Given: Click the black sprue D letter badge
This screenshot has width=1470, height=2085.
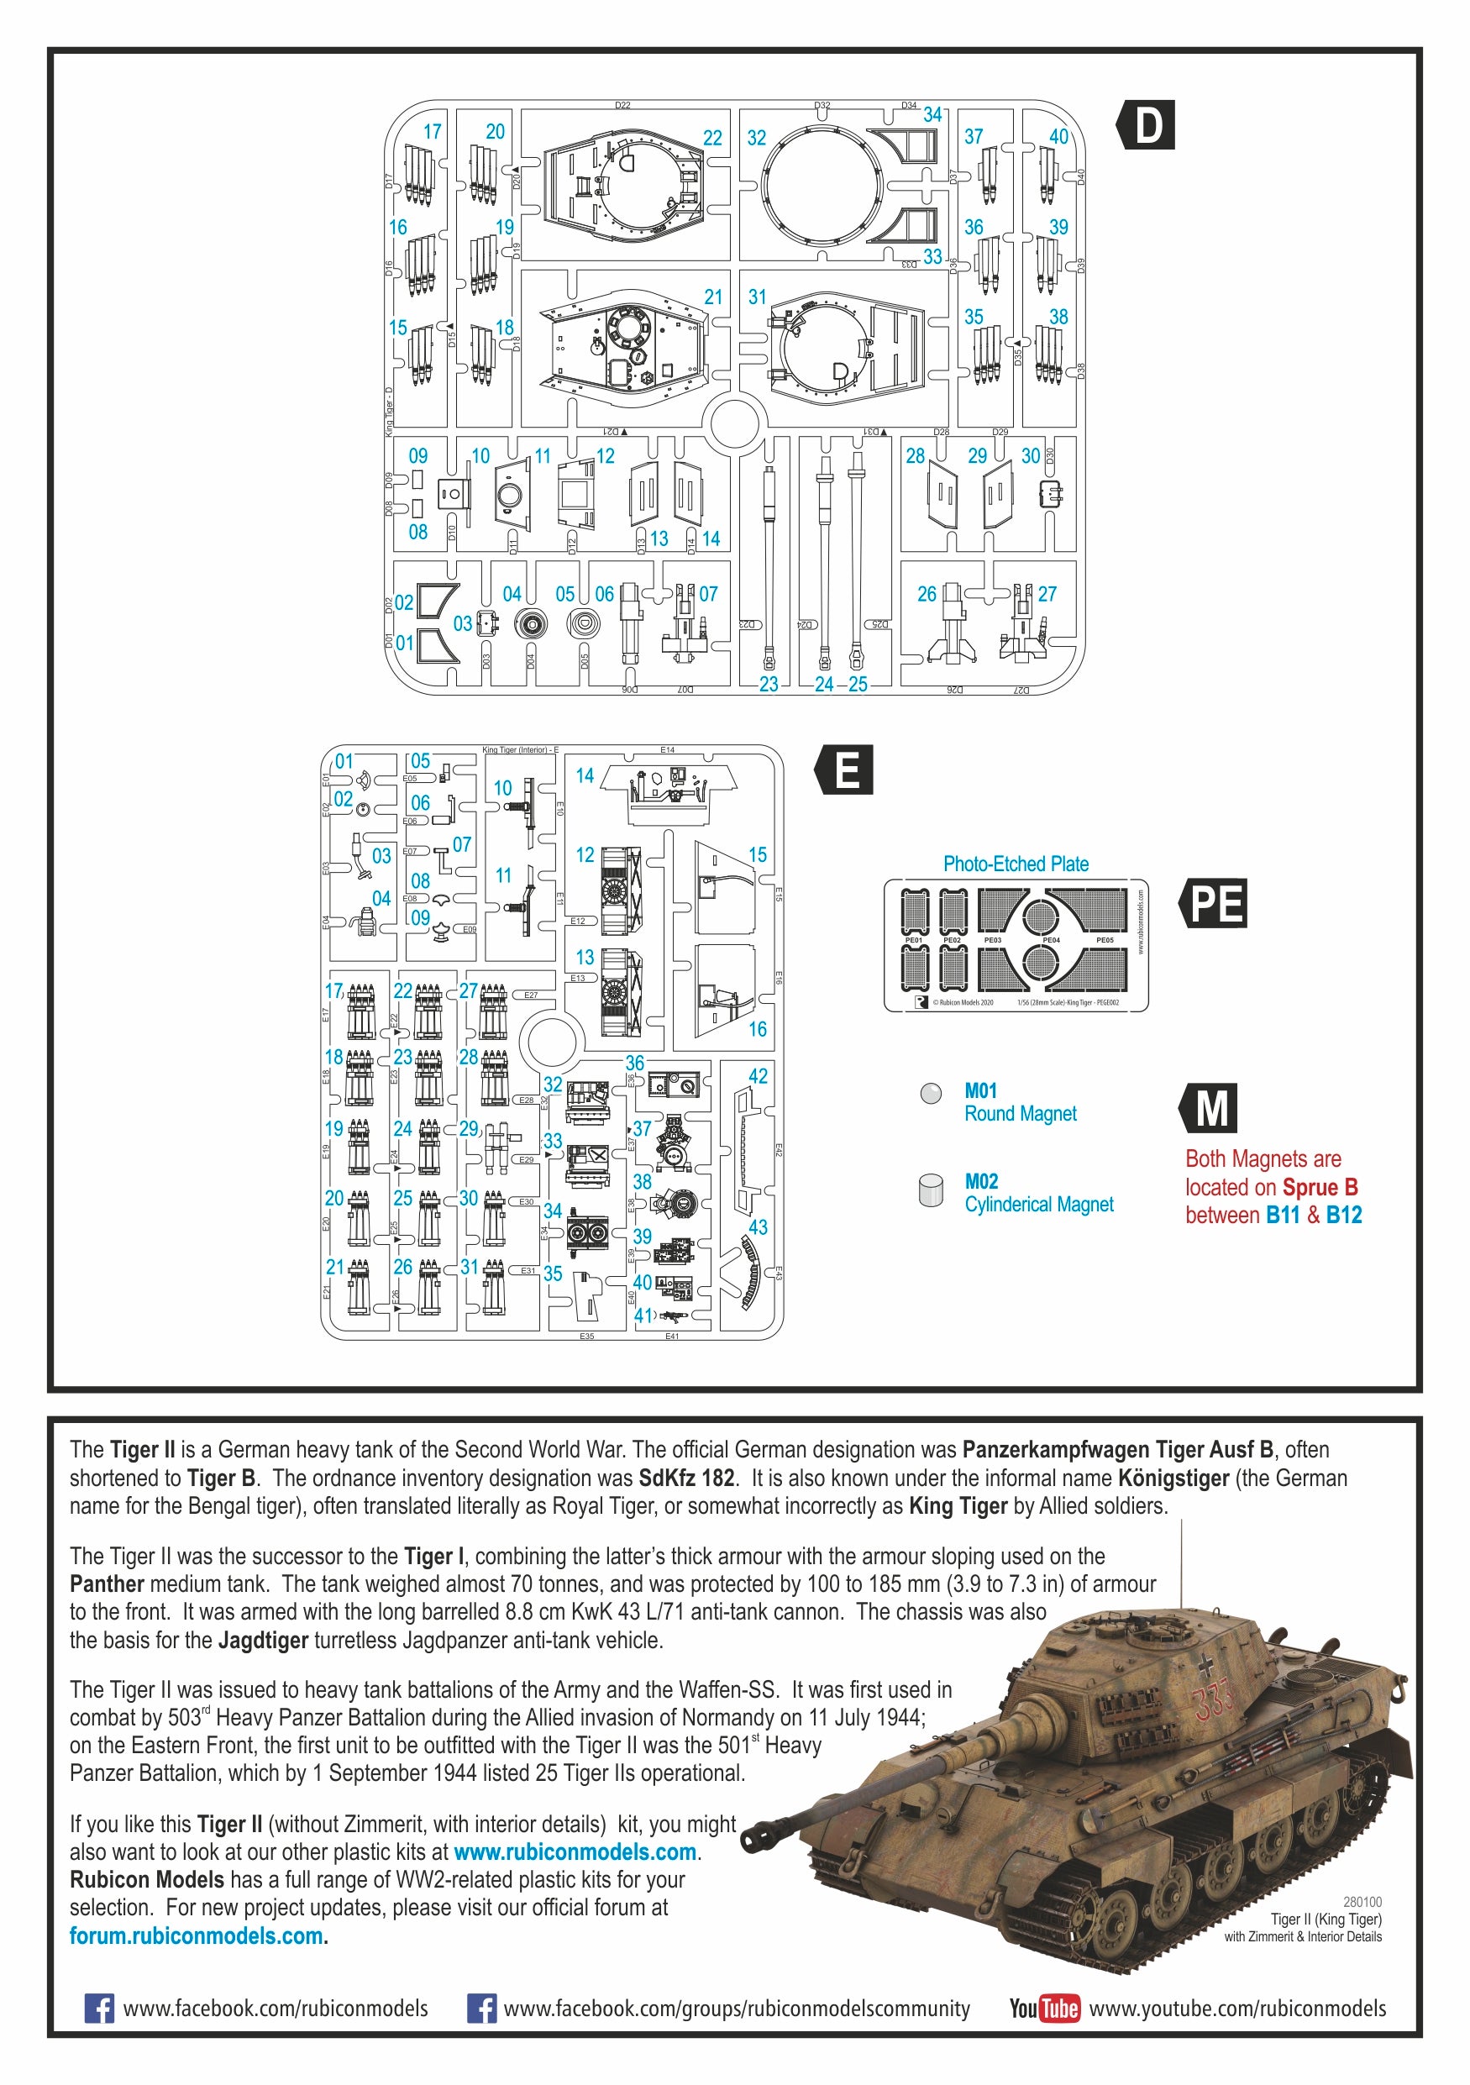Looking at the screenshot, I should click(1147, 124).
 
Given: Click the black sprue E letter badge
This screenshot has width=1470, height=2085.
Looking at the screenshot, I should click(845, 770).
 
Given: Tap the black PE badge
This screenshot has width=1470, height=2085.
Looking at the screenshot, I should click(1214, 903).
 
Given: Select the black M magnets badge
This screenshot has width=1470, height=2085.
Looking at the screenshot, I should click(1211, 1108).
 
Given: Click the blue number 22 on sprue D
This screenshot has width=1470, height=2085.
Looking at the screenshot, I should click(713, 138).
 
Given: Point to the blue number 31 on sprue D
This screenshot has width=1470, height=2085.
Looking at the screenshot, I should click(757, 297).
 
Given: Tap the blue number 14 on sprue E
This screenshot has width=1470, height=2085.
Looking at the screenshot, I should click(585, 775).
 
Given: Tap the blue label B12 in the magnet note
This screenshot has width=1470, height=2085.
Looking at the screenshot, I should click(1344, 1215).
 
